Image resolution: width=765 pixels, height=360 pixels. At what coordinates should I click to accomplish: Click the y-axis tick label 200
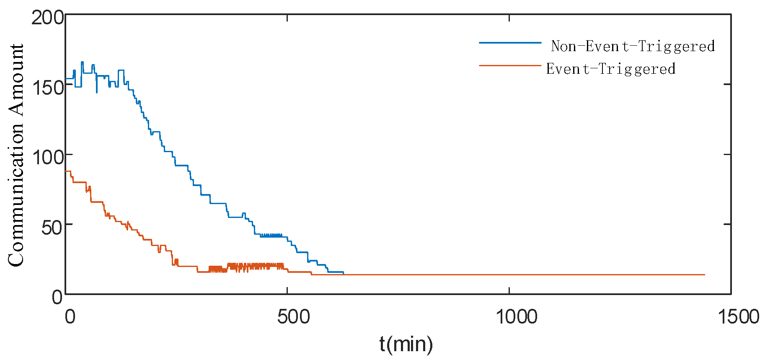[x=48, y=18]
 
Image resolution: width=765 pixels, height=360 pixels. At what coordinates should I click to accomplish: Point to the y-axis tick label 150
[x=48, y=88]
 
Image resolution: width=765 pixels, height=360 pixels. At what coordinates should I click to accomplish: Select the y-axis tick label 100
[x=48, y=158]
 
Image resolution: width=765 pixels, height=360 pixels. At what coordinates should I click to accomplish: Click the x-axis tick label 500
[x=293, y=317]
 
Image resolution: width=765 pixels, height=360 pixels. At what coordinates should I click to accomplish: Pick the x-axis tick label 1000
[x=516, y=317]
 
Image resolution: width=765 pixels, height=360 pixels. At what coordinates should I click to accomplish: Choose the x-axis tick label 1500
[x=739, y=317]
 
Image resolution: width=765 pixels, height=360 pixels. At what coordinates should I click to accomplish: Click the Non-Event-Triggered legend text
[x=633, y=46]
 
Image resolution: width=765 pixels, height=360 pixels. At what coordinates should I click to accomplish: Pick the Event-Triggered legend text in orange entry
[x=610, y=69]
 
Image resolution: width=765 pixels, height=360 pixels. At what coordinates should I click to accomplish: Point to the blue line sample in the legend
[x=510, y=43]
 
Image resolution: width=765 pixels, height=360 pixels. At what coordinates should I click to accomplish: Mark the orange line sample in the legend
[x=510, y=65]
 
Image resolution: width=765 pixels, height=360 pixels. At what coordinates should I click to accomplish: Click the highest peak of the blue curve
[x=82, y=62]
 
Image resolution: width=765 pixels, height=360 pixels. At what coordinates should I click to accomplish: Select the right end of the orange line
[x=704, y=275]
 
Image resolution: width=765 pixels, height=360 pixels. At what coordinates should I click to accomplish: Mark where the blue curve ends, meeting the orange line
[x=343, y=273]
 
